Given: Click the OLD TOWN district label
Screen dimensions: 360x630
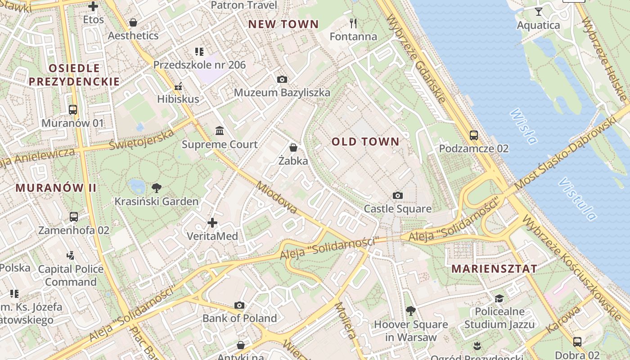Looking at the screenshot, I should click(365, 142).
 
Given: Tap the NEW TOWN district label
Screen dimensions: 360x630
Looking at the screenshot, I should click(283, 24).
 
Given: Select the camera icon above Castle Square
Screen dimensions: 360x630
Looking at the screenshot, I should click(397, 195).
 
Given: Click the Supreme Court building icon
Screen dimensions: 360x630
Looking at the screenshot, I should click(220, 131).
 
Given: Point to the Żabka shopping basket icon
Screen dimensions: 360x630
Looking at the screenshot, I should click(293, 148).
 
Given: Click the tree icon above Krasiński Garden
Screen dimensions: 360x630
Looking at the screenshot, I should click(156, 188).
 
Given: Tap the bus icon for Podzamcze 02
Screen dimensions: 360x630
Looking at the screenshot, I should click(473, 135).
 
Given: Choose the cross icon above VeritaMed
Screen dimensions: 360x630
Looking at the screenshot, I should click(212, 223).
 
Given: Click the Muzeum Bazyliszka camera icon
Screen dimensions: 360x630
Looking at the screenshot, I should click(282, 80).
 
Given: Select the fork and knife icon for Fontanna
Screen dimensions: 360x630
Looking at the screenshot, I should click(353, 23).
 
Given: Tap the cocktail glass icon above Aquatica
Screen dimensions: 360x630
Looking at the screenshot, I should click(538, 12).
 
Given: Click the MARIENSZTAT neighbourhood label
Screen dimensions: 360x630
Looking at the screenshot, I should click(494, 269).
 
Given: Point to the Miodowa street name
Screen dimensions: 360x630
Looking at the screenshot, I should click(276, 197).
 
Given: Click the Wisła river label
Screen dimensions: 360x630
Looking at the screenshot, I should click(523, 126).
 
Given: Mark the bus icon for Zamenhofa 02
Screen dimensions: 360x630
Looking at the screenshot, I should click(74, 217).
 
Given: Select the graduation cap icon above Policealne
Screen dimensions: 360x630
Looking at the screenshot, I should click(499, 298).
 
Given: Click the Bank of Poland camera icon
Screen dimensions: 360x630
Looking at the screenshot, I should click(239, 306).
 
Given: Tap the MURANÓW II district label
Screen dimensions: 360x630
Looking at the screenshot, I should click(56, 188).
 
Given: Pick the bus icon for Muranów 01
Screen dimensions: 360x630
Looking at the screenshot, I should click(72, 110).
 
